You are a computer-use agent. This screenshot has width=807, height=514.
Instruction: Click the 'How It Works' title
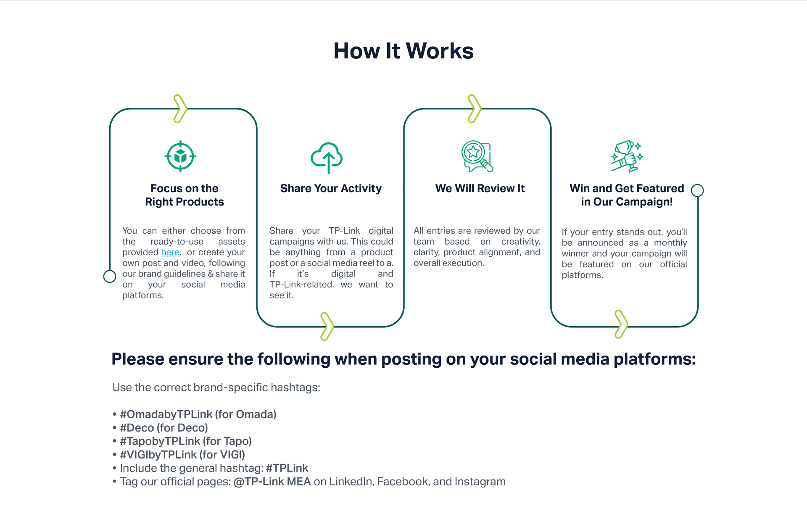pos(403,51)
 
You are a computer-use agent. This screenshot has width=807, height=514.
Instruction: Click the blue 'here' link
pos(170,252)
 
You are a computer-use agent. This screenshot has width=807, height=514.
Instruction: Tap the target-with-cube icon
pos(180,156)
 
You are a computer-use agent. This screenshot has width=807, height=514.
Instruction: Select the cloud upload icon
pos(327,158)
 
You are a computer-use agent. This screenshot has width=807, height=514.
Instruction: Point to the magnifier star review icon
pos(477,156)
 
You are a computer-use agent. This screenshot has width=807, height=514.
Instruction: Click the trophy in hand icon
pos(627,156)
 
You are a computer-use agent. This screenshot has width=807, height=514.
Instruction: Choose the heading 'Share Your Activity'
pos(331,188)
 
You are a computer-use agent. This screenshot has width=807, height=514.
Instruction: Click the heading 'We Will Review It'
pos(480,188)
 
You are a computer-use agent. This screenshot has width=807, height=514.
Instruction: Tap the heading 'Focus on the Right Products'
pos(185,195)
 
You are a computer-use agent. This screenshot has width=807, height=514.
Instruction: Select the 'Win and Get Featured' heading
pos(627,188)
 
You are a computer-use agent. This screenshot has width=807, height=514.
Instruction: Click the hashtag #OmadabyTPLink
pos(166,414)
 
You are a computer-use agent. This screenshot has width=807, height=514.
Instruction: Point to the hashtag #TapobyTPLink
pos(160,441)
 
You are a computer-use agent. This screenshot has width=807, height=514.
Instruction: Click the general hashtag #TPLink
pos(287,468)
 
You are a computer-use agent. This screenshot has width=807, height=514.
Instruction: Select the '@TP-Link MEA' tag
pos(272,482)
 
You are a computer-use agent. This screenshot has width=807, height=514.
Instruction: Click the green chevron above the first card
pos(180,108)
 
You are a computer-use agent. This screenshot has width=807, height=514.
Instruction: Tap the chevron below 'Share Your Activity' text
pos(327,326)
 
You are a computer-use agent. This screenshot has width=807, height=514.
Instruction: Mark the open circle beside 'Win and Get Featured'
pos(697,190)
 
